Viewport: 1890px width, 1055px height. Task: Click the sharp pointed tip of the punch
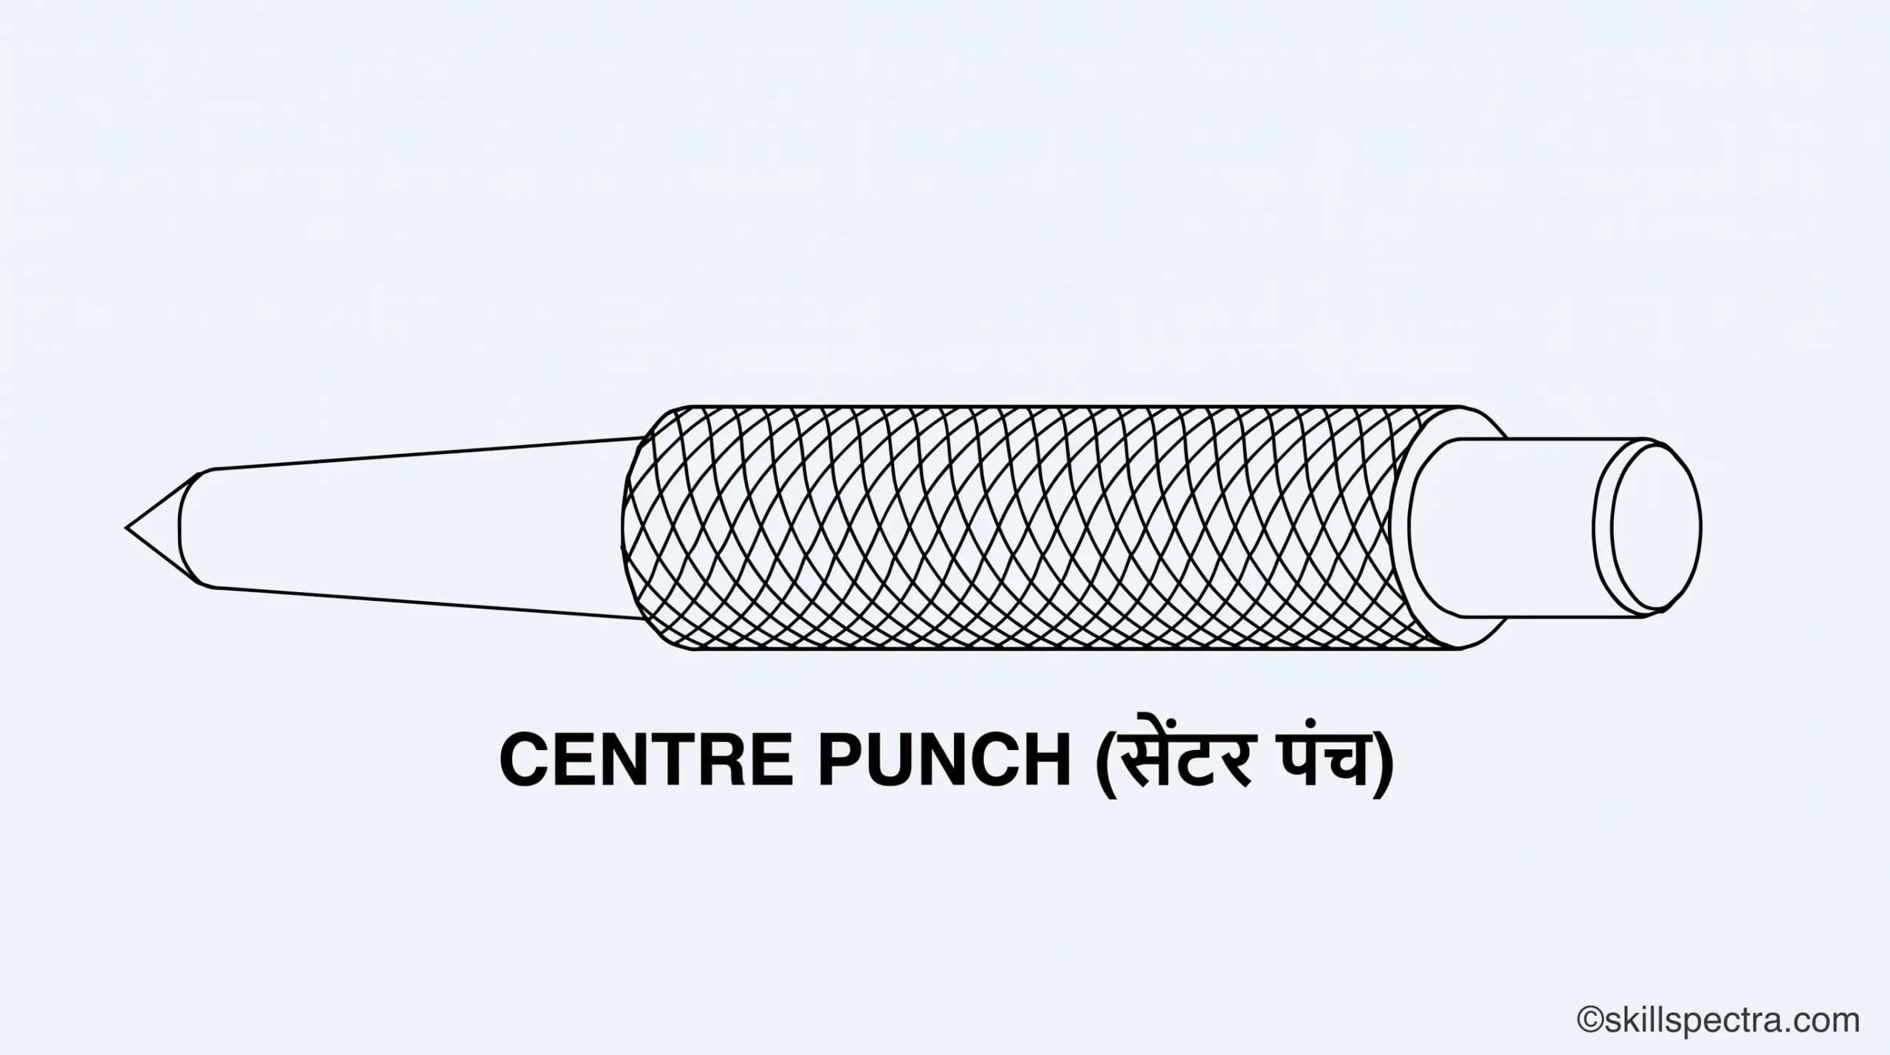click(x=127, y=528)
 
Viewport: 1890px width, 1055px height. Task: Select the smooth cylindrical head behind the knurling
click(x=1513, y=527)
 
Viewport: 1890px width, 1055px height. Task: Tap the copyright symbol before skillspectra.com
click(x=1592, y=1020)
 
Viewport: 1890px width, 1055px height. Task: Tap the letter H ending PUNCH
click(x=1048, y=760)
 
